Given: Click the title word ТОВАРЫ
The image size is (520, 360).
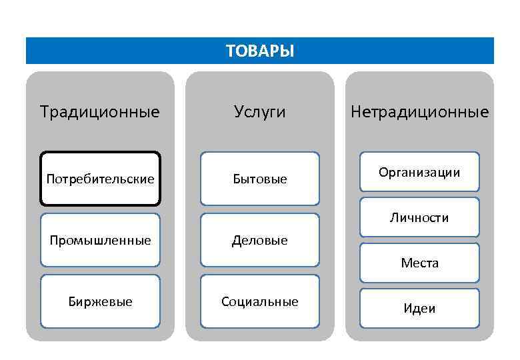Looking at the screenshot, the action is point(259,51).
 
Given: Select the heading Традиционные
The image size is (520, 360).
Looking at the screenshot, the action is point(99,111).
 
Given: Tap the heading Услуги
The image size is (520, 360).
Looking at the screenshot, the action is point(259,111).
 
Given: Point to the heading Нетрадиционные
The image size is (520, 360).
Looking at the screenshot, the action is point(419,111).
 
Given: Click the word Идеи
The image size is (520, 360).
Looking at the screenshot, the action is point(419,309).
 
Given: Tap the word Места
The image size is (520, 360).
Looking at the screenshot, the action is point(419,263).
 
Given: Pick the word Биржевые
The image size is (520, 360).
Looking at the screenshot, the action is point(100,302).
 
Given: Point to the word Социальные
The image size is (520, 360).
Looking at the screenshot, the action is point(260,302).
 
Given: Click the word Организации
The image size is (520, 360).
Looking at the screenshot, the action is point(419,173).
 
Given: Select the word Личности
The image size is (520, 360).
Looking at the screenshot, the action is point(419,218).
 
